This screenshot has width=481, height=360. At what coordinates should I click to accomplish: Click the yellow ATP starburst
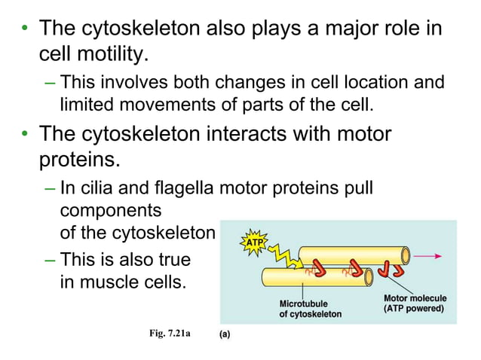tap(253, 242)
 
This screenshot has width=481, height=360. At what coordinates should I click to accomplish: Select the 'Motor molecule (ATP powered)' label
tap(414, 304)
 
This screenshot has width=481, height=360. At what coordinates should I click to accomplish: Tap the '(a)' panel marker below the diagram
tap(225, 335)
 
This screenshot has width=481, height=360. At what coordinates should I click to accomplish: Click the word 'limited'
tap(87, 102)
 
